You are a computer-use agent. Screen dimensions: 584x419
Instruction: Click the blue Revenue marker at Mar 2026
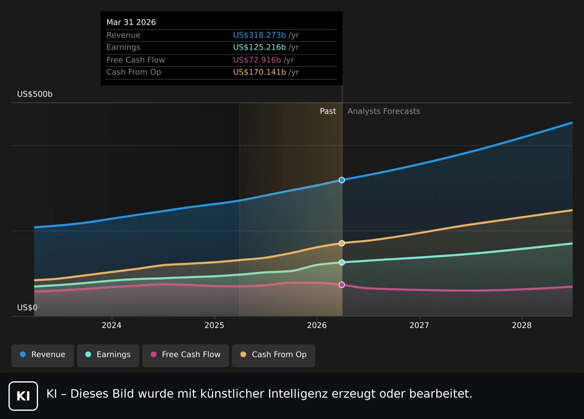[x=342, y=180]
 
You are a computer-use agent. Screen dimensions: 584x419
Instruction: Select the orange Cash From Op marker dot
[x=342, y=243]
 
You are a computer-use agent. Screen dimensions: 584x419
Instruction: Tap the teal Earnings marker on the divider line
[x=342, y=262]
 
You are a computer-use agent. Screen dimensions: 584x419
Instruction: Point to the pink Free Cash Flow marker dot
[x=342, y=285]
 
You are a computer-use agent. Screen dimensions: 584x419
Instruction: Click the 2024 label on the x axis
[x=111, y=325]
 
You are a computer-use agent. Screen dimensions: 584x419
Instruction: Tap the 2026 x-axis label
[x=317, y=325]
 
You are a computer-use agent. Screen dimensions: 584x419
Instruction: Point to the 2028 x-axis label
[x=522, y=325]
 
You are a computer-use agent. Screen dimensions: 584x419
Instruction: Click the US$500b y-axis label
[x=35, y=94]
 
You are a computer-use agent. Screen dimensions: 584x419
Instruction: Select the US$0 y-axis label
[x=27, y=307]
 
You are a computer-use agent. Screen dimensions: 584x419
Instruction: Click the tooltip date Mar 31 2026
[x=131, y=22]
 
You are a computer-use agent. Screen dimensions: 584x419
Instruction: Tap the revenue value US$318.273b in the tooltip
[x=259, y=35]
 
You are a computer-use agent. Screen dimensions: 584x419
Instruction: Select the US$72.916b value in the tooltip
[x=257, y=60]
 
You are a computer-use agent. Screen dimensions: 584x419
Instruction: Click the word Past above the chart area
[x=328, y=111]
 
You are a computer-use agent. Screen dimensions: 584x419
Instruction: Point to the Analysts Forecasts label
[x=384, y=111]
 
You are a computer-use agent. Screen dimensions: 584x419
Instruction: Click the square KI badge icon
[x=23, y=396]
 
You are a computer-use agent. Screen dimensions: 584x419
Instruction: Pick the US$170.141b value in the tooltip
[x=259, y=72]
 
